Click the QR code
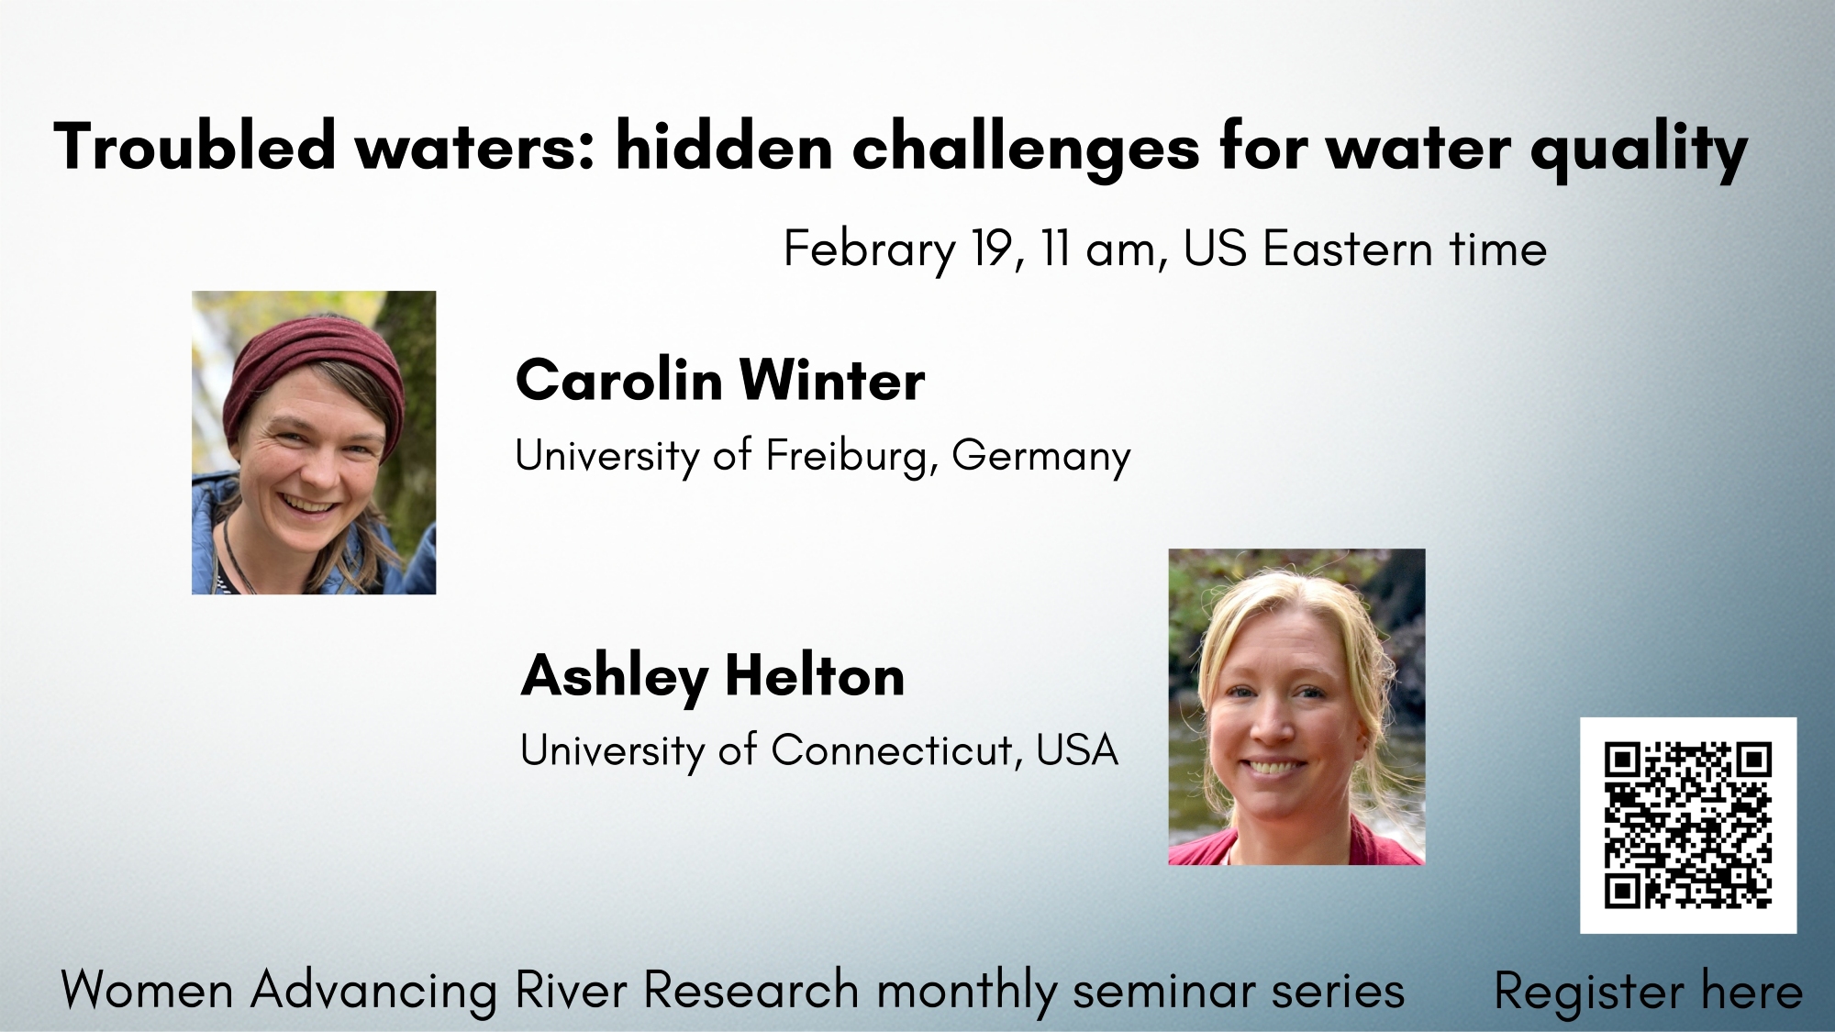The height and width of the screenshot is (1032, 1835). [x=1687, y=825]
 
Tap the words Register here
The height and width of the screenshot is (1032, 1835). [x=1648, y=993]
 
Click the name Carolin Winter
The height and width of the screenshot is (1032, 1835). [x=720, y=380]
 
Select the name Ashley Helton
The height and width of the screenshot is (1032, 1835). [x=713, y=677]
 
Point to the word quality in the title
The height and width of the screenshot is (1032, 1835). [x=1639, y=150]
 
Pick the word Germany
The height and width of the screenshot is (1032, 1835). [x=1041, y=457]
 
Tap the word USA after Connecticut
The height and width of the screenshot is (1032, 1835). [x=1077, y=751]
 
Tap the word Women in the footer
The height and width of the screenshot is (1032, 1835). [x=148, y=991]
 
